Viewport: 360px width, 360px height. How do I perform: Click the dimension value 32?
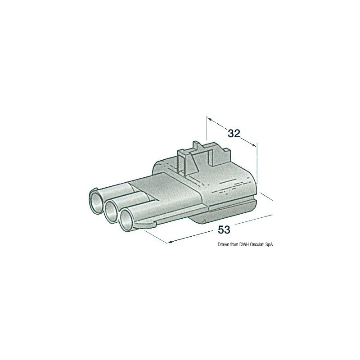(x=234, y=133)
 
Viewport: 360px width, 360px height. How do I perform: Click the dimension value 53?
(x=224, y=229)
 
